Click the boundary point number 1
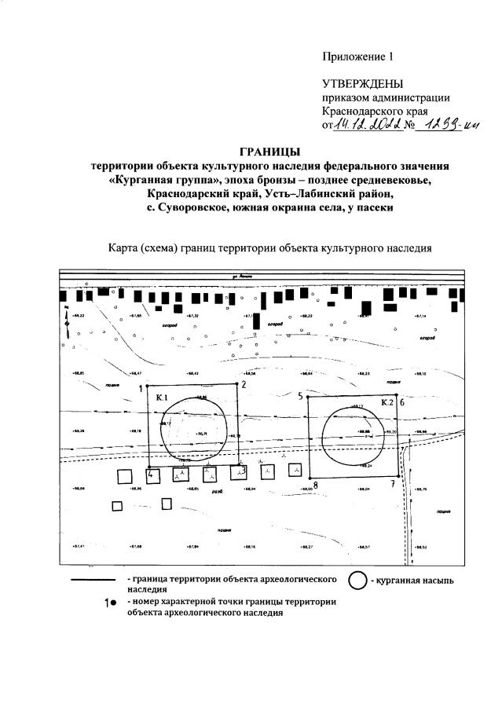(142, 388)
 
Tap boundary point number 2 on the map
(244, 384)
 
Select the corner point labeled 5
(301, 397)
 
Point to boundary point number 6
(401, 401)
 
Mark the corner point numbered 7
(393, 483)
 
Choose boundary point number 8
(315, 485)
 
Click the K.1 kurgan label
(163, 398)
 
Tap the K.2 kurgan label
(387, 402)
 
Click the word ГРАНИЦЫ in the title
(269, 152)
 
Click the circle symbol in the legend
(357, 581)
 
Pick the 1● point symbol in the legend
(111, 603)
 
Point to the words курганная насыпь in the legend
(416, 581)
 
